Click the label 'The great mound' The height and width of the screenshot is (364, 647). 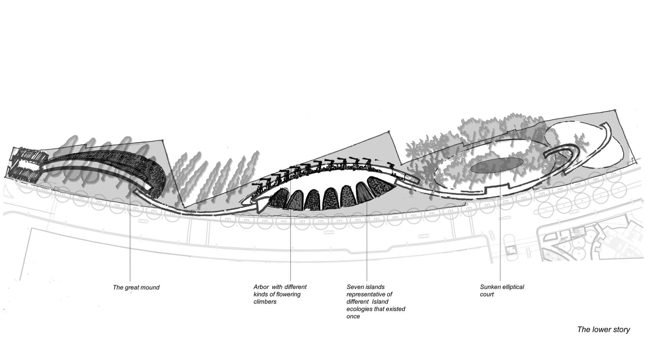[136, 287]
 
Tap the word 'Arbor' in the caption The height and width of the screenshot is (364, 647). [261, 287]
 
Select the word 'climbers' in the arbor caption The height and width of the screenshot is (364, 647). [265, 302]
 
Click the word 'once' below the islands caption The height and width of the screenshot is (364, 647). [353, 316]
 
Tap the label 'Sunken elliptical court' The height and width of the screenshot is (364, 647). [502, 290]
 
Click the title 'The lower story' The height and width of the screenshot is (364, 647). [604, 330]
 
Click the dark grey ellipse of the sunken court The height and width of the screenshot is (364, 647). [497, 166]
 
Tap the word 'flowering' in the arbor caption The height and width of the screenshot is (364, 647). [287, 295]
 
